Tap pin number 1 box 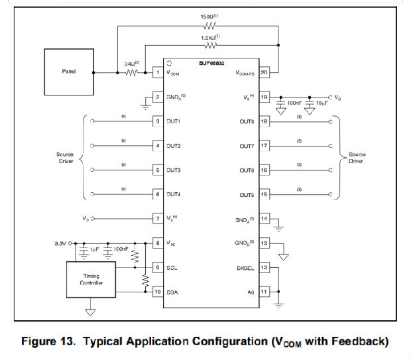tap(158, 72)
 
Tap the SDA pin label tap(174, 292)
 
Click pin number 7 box tap(158, 218)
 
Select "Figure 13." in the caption tap(50, 342)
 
